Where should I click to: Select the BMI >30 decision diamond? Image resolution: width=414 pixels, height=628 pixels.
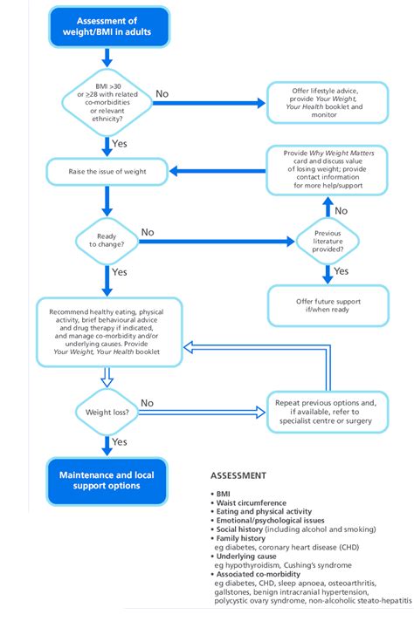(107, 102)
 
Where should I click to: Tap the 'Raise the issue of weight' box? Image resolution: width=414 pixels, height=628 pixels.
(107, 172)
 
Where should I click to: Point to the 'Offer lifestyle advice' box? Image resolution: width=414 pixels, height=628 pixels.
(328, 102)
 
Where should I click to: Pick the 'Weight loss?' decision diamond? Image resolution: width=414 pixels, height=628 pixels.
(107, 410)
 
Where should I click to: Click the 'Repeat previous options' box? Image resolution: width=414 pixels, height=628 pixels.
(328, 410)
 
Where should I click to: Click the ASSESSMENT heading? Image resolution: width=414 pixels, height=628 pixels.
(238, 475)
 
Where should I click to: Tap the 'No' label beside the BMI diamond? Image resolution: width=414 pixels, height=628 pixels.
(162, 93)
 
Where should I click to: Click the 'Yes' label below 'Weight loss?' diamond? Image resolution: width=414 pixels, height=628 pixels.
(121, 443)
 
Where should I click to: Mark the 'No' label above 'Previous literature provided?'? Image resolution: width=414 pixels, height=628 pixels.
(342, 210)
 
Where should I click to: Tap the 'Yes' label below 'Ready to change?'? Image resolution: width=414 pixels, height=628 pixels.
(121, 272)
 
